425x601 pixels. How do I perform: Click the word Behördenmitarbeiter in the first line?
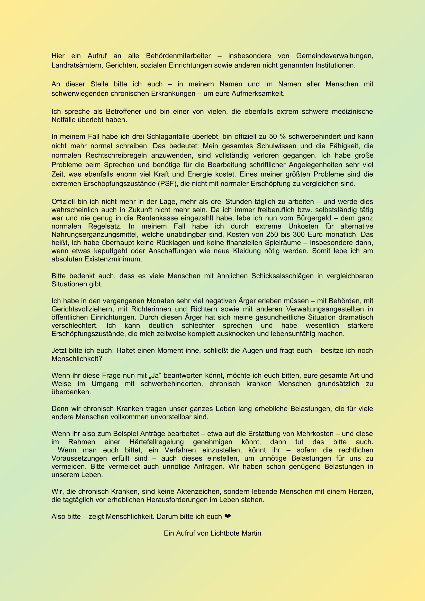pos(178,56)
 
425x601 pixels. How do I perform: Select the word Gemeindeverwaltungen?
pos(334,56)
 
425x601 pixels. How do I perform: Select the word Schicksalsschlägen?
pos(282,276)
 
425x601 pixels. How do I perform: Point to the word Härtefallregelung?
pos(157,442)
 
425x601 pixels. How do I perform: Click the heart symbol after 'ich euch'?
pos(228,516)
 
